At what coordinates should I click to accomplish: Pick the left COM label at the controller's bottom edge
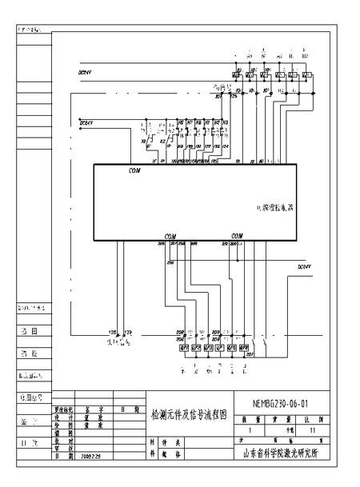point(170,237)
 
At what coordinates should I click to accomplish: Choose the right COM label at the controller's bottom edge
point(237,237)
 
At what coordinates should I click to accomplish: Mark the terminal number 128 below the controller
point(113,331)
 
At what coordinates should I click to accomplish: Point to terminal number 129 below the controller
point(126,331)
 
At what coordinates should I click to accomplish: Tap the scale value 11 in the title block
point(313,430)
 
